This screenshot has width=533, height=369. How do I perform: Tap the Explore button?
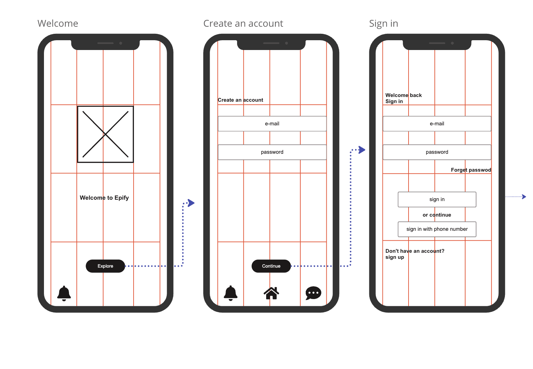105,266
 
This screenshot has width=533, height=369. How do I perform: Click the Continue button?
271,266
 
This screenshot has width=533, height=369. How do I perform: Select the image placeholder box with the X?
105,134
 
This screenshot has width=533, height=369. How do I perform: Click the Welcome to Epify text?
104,198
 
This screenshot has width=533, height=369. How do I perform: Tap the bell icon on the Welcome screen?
64,293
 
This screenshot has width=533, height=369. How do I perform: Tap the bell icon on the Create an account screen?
231,293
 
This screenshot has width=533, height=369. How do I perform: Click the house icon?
271,293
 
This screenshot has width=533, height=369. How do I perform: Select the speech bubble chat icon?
313,293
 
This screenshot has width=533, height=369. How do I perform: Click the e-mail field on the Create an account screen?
272,124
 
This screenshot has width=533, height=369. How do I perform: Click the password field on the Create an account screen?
272,152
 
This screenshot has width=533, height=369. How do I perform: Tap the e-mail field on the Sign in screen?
437,124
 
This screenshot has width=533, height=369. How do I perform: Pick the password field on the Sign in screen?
437,152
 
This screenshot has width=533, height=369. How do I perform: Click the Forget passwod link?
471,170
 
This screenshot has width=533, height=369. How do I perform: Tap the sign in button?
437,199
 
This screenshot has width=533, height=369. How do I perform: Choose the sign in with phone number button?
437,229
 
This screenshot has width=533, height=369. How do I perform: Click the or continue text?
437,215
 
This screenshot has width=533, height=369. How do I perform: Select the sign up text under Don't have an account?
395,257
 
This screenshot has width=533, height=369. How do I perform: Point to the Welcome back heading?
403,95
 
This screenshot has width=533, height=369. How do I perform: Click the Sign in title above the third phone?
384,23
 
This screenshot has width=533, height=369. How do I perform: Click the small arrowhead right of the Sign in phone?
524,197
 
